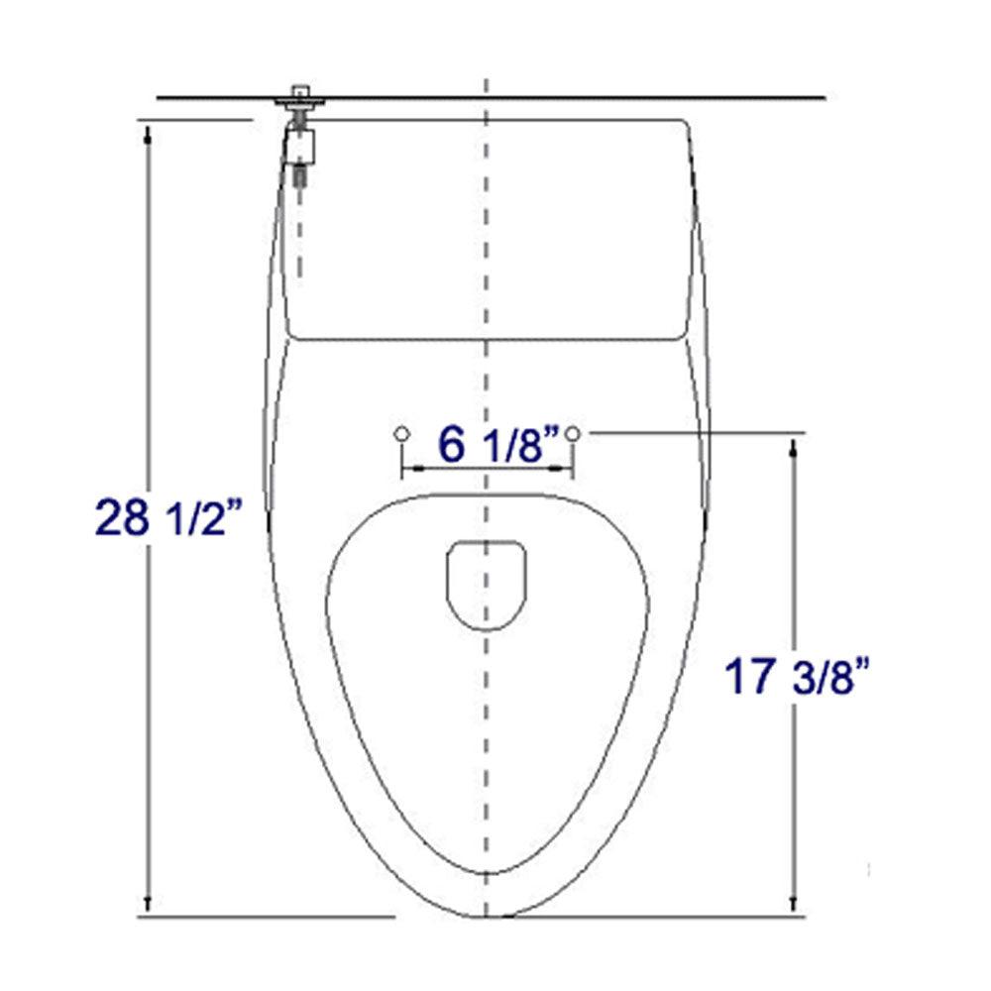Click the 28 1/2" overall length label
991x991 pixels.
(x=167, y=517)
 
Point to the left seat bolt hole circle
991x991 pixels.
(x=401, y=433)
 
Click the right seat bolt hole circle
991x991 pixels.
(x=575, y=433)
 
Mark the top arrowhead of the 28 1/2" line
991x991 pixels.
(x=148, y=130)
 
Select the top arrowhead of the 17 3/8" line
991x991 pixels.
(x=792, y=447)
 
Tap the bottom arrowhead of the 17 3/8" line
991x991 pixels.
(x=792, y=905)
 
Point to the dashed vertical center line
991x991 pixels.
(x=486, y=297)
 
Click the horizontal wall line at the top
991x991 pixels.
(x=595, y=98)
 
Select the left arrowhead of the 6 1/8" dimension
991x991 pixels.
(x=407, y=467)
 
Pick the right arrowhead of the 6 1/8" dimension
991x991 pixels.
(x=569, y=467)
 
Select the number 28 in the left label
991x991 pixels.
(x=120, y=517)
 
